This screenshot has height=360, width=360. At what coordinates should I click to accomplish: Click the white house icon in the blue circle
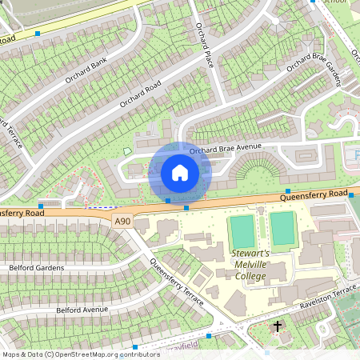pyautogui.click(x=180, y=173)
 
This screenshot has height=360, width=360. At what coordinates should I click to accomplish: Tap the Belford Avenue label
pyautogui.click(x=82, y=309)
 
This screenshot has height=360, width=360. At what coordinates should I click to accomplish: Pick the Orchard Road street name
pyautogui.click(x=141, y=93)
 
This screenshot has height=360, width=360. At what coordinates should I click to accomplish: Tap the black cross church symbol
pyautogui.click(x=278, y=326)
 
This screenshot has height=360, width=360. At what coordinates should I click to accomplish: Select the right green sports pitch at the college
pyautogui.click(x=282, y=229)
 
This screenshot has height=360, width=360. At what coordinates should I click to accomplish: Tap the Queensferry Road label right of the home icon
pyautogui.click(x=314, y=194)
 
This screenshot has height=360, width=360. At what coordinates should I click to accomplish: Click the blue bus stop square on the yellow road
pyautogui.click(x=38, y=34)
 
